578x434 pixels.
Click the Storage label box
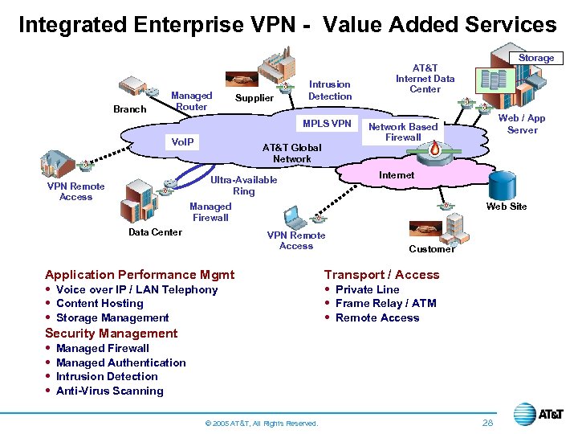536,58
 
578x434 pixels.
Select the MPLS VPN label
327,123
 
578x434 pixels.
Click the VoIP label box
183,141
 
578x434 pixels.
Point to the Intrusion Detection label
330,90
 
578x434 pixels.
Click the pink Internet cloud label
397,174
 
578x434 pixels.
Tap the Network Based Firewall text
403,132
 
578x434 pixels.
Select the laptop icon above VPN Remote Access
294,217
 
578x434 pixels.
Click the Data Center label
155,232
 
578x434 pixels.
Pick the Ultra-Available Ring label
243,186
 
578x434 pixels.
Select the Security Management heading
111,334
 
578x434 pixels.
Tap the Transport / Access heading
381,275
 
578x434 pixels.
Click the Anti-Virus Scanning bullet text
109,391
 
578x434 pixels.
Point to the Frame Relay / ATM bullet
385,303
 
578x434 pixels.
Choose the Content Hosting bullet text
100,303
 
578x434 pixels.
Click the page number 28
488,423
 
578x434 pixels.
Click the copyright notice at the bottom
262,424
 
